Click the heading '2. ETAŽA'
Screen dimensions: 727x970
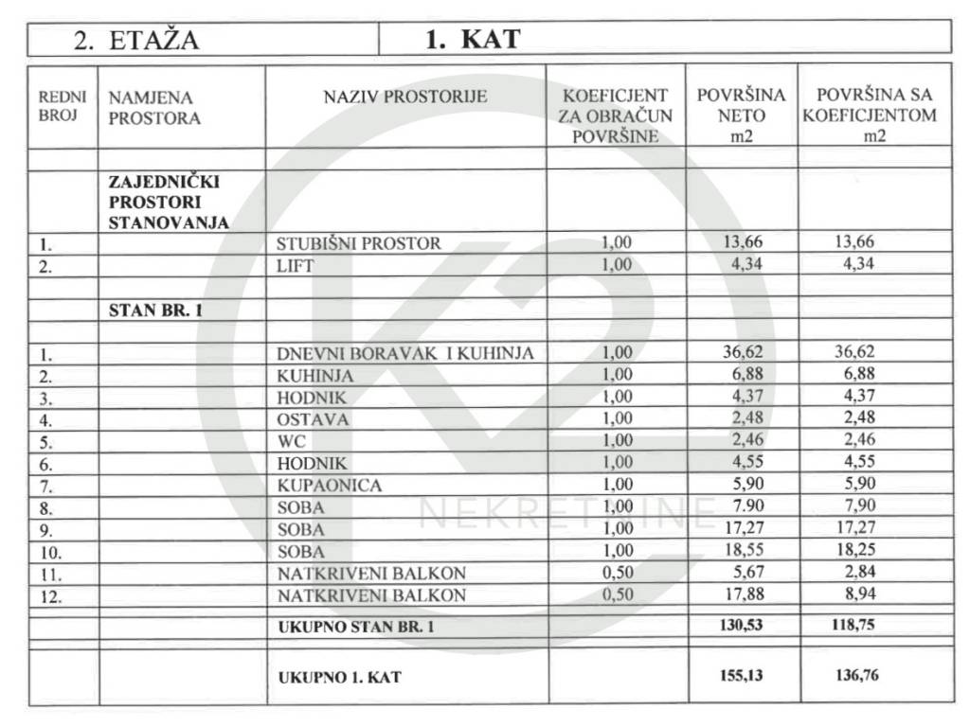tap(136, 41)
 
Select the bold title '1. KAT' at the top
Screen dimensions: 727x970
tap(472, 39)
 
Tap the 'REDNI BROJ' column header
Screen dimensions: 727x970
tap(63, 107)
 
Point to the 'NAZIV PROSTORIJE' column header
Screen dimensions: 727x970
tap(405, 97)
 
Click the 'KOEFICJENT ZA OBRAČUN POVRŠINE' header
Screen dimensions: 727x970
tap(616, 115)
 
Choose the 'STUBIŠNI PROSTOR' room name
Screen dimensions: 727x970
tap(359, 243)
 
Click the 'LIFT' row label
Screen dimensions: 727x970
tap(295, 266)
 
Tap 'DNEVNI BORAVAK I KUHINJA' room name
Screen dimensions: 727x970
tap(405, 354)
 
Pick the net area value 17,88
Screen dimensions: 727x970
tap(743, 594)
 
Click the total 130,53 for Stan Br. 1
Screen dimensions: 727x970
tap(743, 626)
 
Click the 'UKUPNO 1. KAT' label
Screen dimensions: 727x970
tap(340, 678)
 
